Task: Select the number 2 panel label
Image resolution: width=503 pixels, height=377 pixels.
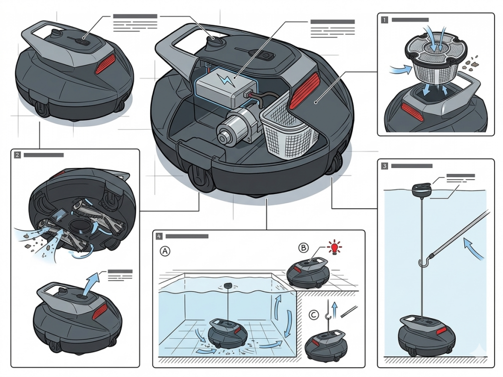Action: [18, 155]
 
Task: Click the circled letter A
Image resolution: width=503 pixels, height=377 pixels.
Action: [166, 251]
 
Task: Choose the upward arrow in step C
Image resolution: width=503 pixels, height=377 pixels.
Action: [335, 311]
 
